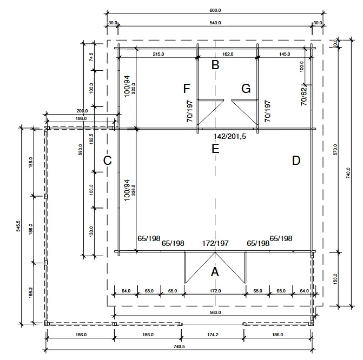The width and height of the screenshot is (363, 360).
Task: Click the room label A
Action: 215,272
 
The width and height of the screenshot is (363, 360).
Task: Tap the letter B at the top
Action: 215,65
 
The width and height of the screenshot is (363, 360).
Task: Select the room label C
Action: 107,160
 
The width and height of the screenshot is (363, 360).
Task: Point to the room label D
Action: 296,160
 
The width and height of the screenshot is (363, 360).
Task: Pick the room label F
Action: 187,89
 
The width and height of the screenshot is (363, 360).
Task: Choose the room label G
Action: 246,89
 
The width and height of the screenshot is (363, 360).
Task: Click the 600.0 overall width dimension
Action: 215,9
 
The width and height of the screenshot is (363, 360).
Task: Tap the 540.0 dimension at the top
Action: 215,23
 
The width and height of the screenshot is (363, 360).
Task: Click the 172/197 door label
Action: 215,243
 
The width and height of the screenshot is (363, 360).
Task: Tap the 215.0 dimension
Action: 158,54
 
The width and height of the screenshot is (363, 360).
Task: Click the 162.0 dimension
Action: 228,54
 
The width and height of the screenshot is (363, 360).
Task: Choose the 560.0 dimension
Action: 215,312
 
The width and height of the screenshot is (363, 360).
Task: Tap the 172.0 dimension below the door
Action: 215,291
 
